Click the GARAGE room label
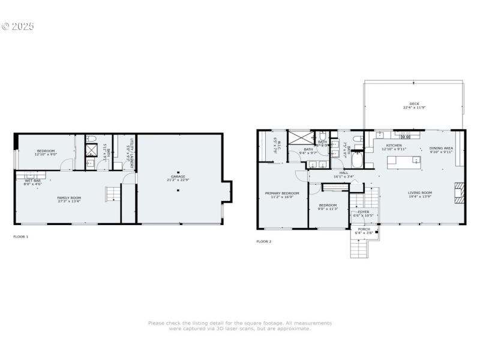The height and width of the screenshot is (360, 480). (x=178, y=176)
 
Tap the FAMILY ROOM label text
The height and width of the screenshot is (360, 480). (x=69, y=197)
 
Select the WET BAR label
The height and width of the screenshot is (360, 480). (x=32, y=181)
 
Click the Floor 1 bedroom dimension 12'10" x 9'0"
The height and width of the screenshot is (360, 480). (x=46, y=155)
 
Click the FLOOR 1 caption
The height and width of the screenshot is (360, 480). (x=21, y=236)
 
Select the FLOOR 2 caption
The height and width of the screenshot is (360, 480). (x=264, y=241)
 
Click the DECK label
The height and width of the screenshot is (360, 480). (x=414, y=103)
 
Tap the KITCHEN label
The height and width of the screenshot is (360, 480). (x=394, y=145)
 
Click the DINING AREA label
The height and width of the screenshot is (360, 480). (x=441, y=148)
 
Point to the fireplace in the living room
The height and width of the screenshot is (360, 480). (x=460, y=192)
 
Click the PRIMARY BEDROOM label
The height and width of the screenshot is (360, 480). (x=283, y=193)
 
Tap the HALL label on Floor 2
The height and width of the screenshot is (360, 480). (x=344, y=173)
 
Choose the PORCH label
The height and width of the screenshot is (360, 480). (x=364, y=229)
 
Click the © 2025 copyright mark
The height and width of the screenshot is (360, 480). (x=18, y=26)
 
